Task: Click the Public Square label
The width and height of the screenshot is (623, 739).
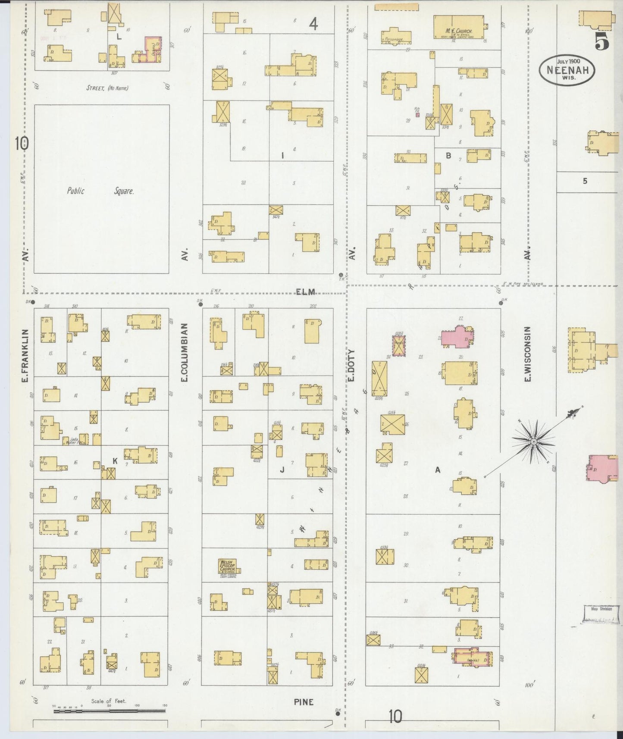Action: point(100,191)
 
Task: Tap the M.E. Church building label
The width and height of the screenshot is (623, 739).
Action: point(459,31)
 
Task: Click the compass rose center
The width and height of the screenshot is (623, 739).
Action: point(534,442)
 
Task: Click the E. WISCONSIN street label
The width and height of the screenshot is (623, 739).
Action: point(527,354)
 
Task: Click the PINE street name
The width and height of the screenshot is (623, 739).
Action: point(304,702)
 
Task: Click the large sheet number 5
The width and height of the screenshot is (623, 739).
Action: point(601,42)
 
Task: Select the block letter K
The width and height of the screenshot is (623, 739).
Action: point(115,461)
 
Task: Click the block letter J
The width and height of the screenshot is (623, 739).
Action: point(282,470)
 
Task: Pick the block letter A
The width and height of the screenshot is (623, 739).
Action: point(438,470)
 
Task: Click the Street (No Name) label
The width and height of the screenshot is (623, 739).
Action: point(107,88)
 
